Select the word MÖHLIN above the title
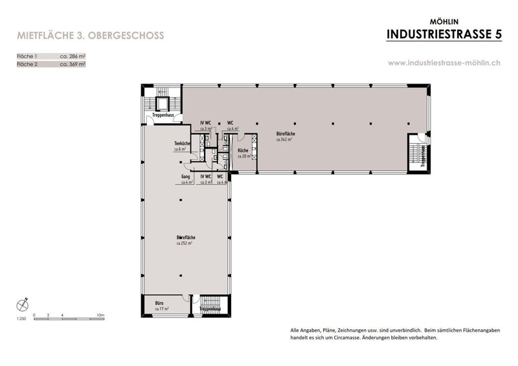[444, 20]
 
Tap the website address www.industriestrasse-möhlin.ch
[444, 63]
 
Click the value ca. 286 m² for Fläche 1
[73, 57]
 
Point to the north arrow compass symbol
[24, 303]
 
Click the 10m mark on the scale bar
[100, 315]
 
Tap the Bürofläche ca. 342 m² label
[286, 136]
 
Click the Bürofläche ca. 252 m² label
[186, 240]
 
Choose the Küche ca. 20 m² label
[243, 153]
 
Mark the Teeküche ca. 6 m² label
[181, 146]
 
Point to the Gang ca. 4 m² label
[186, 179]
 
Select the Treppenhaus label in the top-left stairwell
[162, 115]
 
